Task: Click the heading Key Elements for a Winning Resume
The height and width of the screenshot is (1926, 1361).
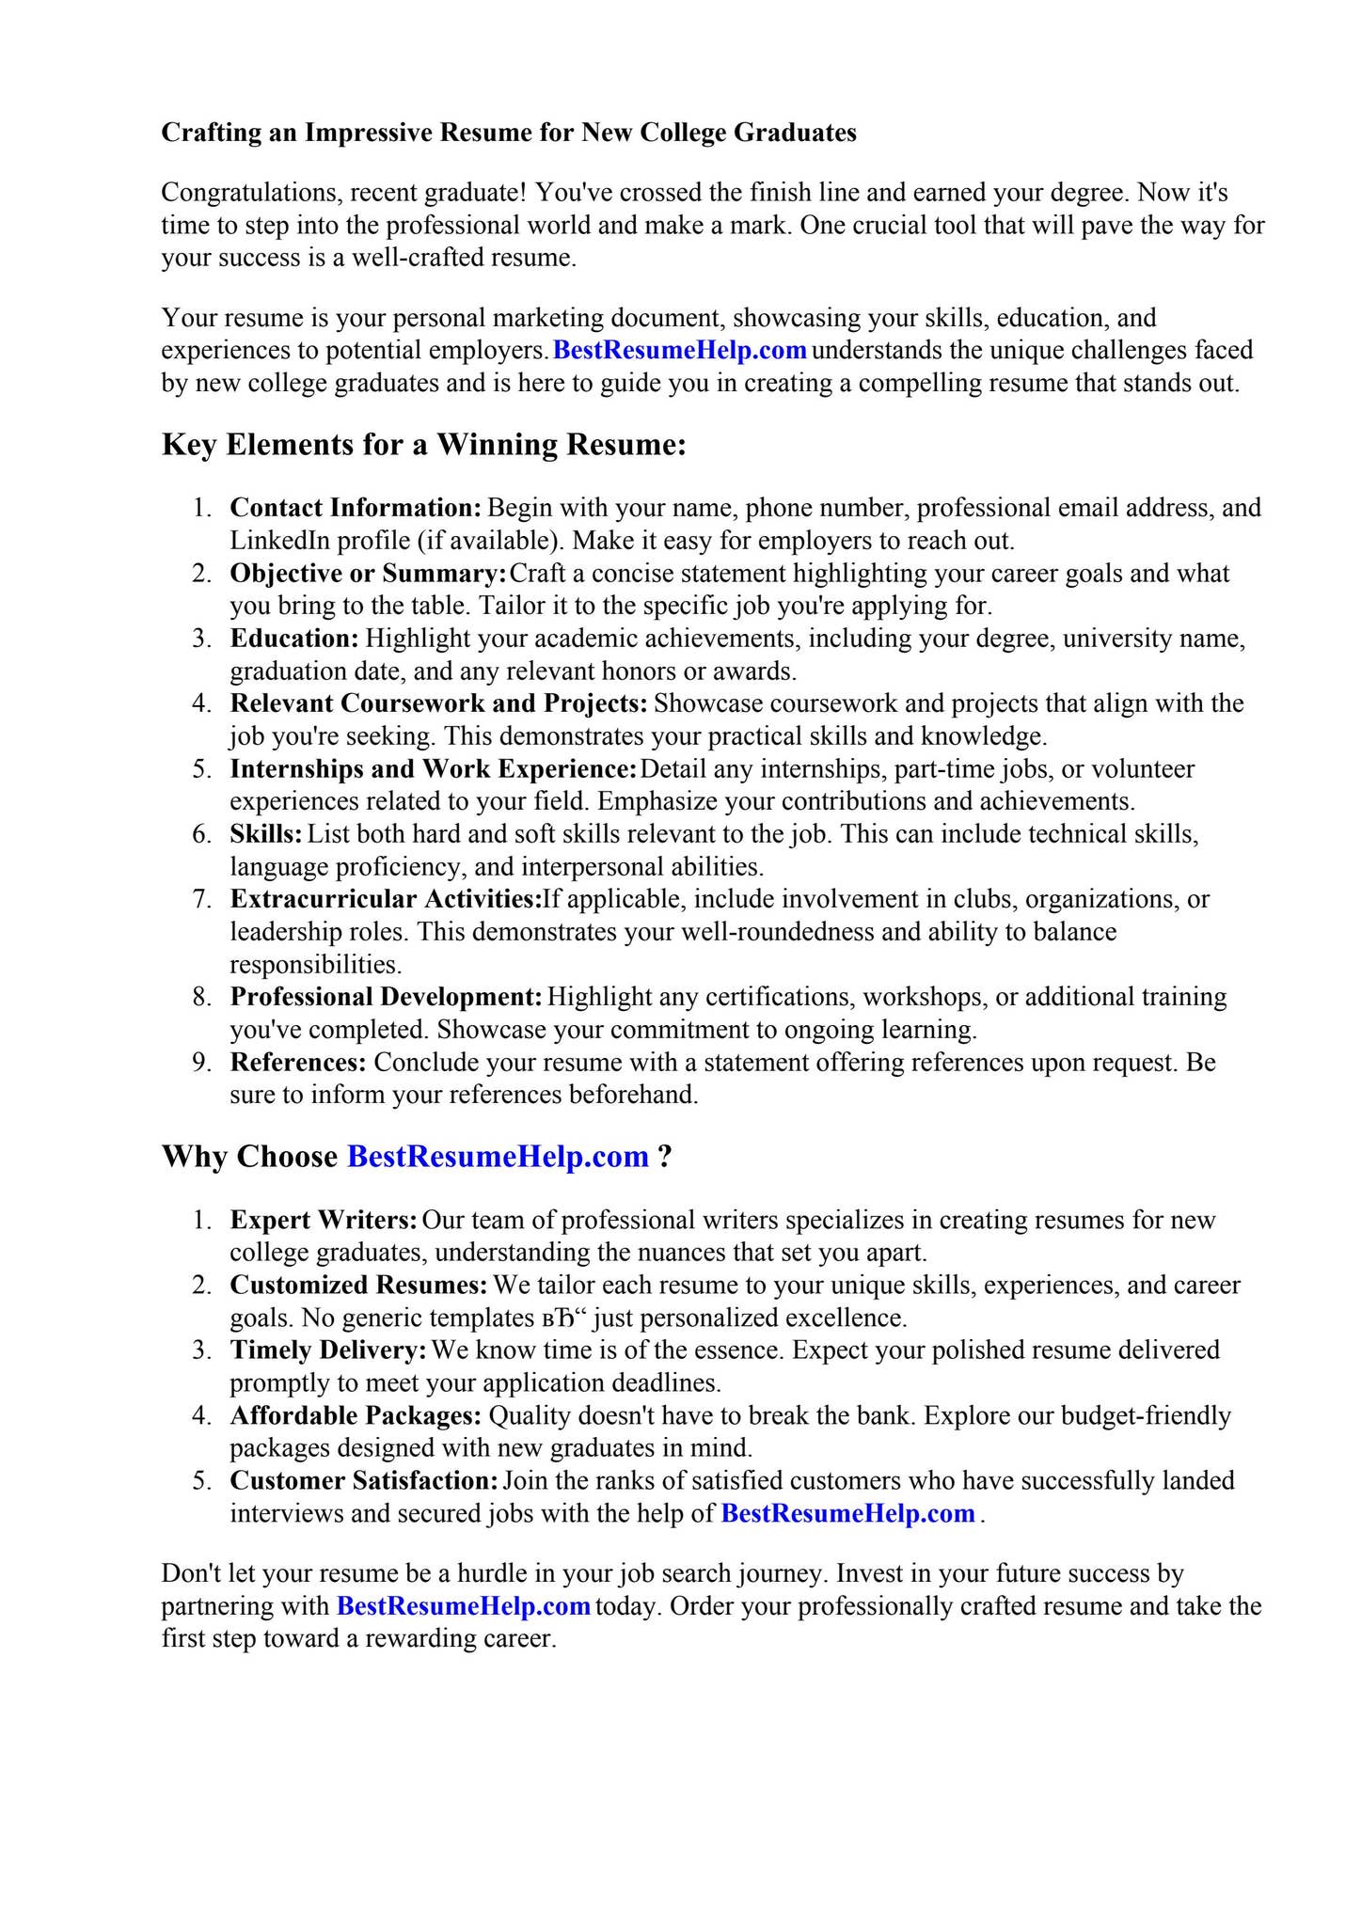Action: (x=423, y=444)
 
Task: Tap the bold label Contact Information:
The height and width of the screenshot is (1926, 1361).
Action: (x=356, y=508)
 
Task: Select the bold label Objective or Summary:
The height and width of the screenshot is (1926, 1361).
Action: (x=368, y=573)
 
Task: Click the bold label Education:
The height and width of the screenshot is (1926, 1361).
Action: (x=294, y=639)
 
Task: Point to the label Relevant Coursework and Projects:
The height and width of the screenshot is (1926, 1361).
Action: (x=438, y=703)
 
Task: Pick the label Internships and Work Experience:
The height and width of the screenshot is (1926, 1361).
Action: (x=433, y=769)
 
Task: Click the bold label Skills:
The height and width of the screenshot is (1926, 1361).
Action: (x=266, y=834)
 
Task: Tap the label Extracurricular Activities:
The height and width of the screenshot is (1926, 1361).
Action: (x=386, y=899)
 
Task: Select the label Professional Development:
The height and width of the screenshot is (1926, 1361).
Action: (x=386, y=997)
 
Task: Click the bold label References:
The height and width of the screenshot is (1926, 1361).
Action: (x=298, y=1063)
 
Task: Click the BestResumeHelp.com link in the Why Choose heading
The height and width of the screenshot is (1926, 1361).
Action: (x=498, y=1156)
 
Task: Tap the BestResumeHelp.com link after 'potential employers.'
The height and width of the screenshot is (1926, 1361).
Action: (x=679, y=351)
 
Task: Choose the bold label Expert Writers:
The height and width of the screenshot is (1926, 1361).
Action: (x=324, y=1221)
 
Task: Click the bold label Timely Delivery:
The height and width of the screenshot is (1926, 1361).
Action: (x=328, y=1350)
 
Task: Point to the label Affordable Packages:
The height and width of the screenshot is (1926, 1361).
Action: (x=356, y=1415)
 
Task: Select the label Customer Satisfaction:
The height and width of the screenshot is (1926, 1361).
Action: (x=363, y=1481)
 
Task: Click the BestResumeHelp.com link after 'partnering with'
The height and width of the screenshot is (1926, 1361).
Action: (x=463, y=1605)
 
